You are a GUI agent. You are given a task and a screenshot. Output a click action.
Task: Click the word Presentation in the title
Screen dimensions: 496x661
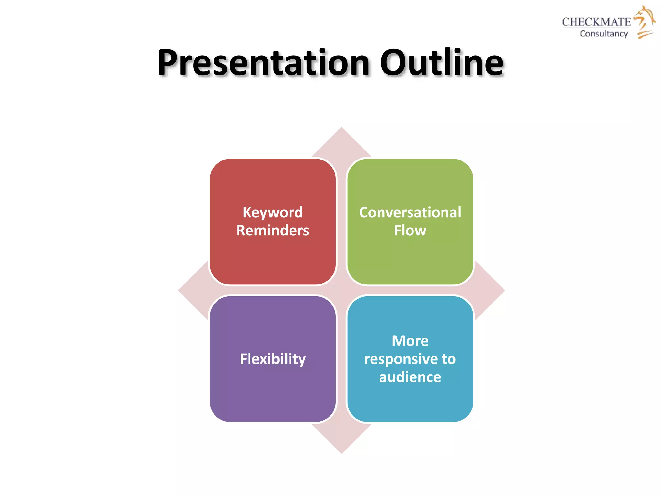pos(263,63)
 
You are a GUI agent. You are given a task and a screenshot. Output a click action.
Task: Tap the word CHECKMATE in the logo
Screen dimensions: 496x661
pos(596,22)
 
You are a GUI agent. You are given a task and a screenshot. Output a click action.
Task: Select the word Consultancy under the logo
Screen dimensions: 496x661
pos(604,34)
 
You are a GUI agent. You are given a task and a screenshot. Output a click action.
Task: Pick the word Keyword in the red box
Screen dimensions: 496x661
pos(273,212)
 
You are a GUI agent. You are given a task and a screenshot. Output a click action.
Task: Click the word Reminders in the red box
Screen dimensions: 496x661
pos(273,231)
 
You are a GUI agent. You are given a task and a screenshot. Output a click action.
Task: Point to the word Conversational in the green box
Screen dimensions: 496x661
pos(410,212)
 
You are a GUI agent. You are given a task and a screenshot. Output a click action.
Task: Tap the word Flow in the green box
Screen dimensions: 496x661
pos(410,231)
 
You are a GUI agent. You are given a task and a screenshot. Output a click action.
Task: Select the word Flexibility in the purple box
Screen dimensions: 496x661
pos(273,359)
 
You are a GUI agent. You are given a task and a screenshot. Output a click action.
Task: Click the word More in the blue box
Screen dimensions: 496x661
pos(410,341)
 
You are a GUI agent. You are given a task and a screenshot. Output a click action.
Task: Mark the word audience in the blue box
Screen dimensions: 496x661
pos(410,377)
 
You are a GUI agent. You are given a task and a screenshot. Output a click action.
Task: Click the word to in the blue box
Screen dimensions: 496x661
pos(449,359)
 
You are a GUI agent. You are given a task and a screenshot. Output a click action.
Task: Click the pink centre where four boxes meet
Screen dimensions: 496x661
pos(341,291)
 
